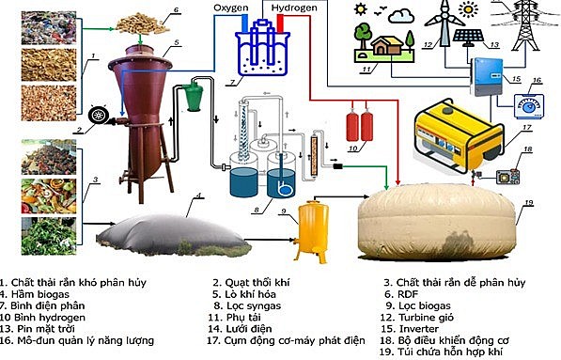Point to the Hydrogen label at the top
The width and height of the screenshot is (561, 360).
295,9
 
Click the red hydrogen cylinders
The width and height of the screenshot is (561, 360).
356,126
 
